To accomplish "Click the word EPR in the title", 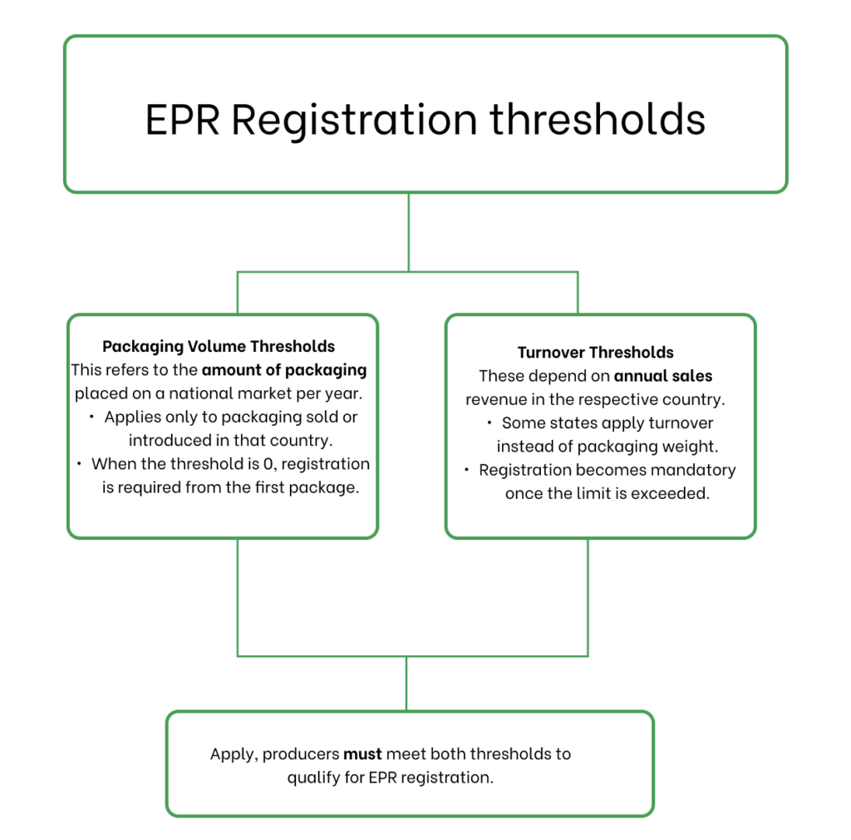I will pyautogui.click(x=182, y=119).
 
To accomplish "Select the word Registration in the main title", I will pyautogui.click(x=354, y=119).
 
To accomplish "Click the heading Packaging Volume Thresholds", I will pyautogui.click(x=219, y=346).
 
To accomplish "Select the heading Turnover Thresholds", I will pyautogui.click(x=595, y=353).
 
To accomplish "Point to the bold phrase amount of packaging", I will pyautogui.click(x=283, y=370).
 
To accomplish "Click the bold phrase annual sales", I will pyautogui.click(x=662, y=376).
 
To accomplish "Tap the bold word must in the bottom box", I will pyautogui.click(x=362, y=754).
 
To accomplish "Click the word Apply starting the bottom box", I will pyautogui.click(x=231, y=754).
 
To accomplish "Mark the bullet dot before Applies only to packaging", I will pyautogui.click(x=91, y=417).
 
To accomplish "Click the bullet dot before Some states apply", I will pyautogui.click(x=489, y=423).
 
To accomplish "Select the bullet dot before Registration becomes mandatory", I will pyautogui.click(x=466, y=470).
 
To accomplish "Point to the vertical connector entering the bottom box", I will pyautogui.click(x=406, y=684).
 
